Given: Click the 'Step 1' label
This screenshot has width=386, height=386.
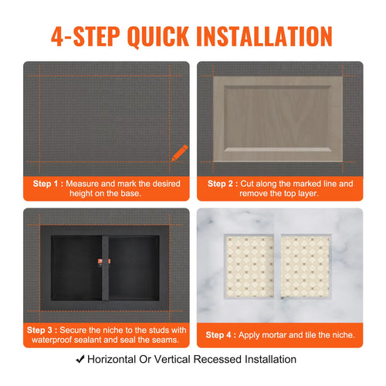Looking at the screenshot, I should pyautogui.click(x=45, y=184).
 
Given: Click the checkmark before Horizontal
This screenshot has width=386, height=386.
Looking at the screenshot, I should pyautogui.click(x=80, y=359).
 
